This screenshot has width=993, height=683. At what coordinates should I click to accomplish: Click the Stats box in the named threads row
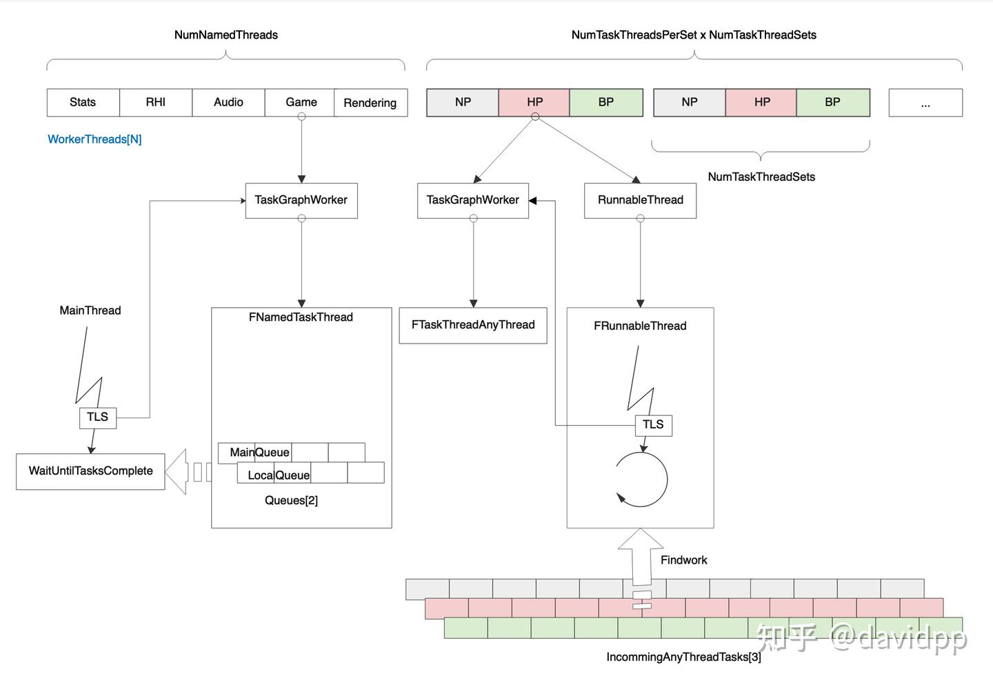(x=83, y=102)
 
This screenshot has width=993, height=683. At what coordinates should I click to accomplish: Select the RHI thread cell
(x=156, y=102)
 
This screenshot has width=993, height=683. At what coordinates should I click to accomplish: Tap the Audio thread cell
(x=228, y=102)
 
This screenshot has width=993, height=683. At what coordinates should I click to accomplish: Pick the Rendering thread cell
(x=370, y=103)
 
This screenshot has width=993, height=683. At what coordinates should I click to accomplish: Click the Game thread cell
(x=301, y=102)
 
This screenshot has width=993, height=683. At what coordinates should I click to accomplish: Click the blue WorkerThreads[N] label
(x=94, y=139)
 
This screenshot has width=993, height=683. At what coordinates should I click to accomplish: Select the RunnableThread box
(x=640, y=200)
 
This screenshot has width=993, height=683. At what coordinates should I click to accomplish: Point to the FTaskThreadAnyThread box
(x=473, y=325)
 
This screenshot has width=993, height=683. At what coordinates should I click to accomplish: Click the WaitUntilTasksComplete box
(x=90, y=471)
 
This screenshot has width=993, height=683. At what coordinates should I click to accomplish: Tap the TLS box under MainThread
(x=97, y=417)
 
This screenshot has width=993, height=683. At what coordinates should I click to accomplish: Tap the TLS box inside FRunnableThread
(x=653, y=425)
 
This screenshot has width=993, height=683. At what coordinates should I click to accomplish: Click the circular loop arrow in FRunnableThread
(x=642, y=479)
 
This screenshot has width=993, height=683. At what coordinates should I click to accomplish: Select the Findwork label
(x=683, y=560)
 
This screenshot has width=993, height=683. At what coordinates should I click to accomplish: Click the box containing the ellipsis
(x=925, y=103)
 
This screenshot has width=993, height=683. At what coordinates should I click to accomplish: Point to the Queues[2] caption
(x=291, y=500)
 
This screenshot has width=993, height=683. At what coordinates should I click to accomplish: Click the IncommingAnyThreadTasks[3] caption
(x=683, y=657)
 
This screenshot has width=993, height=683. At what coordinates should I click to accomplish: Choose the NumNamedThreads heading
(x=225, y=35)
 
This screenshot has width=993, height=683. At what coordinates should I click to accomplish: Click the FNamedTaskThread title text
(x=301, y=317)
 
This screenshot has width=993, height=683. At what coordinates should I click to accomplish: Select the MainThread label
(x=90, y=310)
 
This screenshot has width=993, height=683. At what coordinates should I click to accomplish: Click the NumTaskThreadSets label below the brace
(x=761, y=177)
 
